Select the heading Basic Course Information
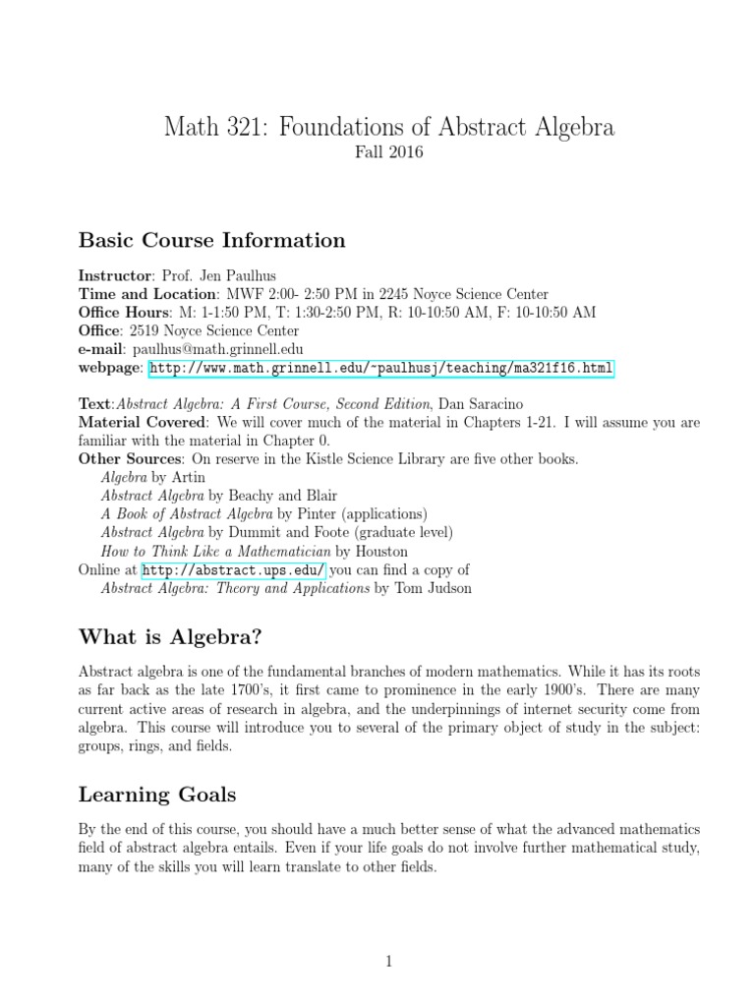click(x=211, y=240)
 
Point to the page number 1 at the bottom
click(x=389, y=934)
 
